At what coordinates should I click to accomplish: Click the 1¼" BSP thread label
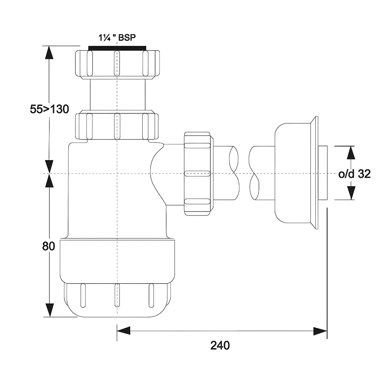tap(117, 38)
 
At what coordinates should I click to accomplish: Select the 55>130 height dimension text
tap(49, 109)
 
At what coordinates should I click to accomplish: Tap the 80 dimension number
tap(49, 246)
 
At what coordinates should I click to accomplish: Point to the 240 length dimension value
tap(220, 345)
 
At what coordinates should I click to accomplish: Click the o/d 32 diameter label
tap(354, 174)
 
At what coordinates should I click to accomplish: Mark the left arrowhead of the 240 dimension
tap(123, 331)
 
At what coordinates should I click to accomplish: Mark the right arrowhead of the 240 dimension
tap(320, 331)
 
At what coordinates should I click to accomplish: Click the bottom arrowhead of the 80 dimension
tap(49, 310)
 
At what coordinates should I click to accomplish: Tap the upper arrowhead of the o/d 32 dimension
tap(351, 153)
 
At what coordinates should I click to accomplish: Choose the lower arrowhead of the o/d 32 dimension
tap(351, 193)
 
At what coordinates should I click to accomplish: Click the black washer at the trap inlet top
tap(117, 48)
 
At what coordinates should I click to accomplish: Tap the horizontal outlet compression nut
tap(197, 173)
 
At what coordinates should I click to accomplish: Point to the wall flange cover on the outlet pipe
tap(296, 173)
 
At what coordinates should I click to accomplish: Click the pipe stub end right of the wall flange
tap(322, 173)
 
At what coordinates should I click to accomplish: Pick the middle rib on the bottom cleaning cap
tap(117, 295)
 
